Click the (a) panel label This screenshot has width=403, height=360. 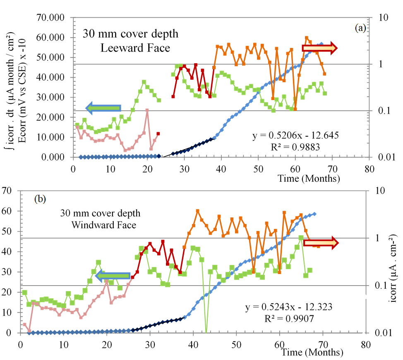click(x=360, y=28)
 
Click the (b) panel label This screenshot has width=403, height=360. click(x=40, y=199)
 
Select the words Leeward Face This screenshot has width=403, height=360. click(x=135, y=48)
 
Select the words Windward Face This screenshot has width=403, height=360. click(x=104, y=225)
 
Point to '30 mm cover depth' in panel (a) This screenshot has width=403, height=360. click(x=131, y=34)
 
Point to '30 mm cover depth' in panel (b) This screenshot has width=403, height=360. click(x=101, y=213)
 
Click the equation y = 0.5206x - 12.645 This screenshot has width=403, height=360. click(x=296, y=136)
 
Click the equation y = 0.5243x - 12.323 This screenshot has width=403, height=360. click(x=289, y=307)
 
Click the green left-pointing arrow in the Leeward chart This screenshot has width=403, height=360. click(x=103, y=108)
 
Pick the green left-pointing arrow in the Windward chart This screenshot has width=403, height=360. click(x=113, y=276)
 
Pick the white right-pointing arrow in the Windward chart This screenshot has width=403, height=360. click(x=321, y=243)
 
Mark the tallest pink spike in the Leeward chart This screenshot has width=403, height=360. click(x=147, y=110)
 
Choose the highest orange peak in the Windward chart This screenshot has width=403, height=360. click(x=197, y=211)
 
